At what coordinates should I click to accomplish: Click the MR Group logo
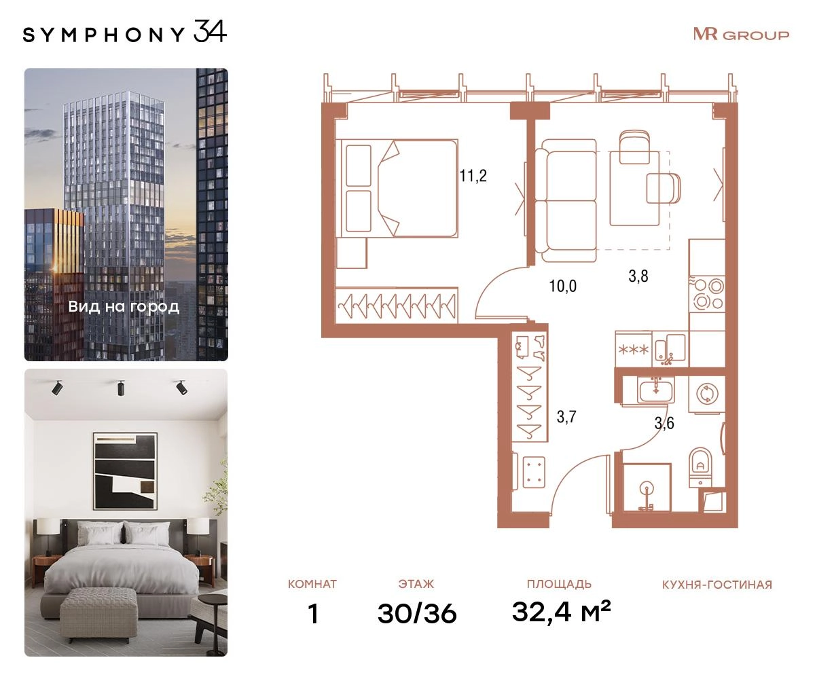pyautogui.click(x=741, y=35)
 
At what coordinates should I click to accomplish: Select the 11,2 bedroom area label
pyautogui.click(x=473, y=176)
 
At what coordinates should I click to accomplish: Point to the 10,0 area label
pyautogui.click(x=562, y=286)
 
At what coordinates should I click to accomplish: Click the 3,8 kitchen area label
pyautogui.click(x=638, y=276)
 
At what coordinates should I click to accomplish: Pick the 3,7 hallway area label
pyautogui.click(x=566, y=417)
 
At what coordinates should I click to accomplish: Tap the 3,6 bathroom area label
pyautogui.click(x=664, y=422)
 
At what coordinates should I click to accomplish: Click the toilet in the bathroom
pyautogui.click(x=701, y=468)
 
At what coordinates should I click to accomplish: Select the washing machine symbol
pyautogui.click(x=706, y=394)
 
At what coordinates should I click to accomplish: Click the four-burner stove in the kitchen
pyautogui.click(x=707, y=295)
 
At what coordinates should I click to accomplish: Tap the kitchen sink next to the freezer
pyautogui.click(x=670, y=349)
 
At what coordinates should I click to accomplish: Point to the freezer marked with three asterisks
pyautogui.click(x=634, y=349)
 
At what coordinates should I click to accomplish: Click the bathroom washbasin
pyautogui.click(x=656, y=391)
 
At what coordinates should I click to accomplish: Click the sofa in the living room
pyautogui.click(x=566, y=200)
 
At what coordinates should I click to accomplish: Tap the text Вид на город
pyautogui.click(x=124, y=307)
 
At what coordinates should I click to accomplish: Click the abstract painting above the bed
pyautogui.click(x=125, y=471)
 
